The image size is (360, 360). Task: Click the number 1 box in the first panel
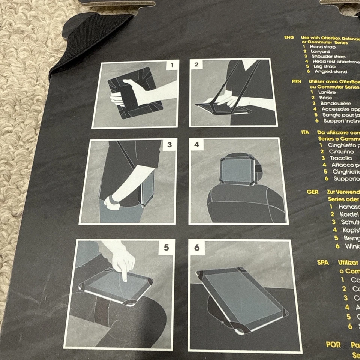(x=172, y=65)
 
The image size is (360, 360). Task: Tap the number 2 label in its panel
(x=196, y=64)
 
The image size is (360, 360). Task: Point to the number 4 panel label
(x=196, y=144)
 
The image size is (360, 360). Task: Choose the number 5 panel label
(x=166, y=247)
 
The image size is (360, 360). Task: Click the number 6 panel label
(x=197, y=247)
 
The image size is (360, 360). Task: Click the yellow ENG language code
(x=289, y=38)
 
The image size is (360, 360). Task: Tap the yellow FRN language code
(x=297, y=81)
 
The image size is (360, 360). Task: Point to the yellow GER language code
(x=312, y=192)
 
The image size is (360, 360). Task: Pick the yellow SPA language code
(x=323, y=262)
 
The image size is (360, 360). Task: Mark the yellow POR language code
(x=333, y=344)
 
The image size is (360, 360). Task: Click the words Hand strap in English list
(x=322, y=47)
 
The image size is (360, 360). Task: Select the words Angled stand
(x=331, y=71)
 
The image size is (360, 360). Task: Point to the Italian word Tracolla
(x=340, y=158)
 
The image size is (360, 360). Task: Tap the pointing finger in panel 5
(x=124, y=270)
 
